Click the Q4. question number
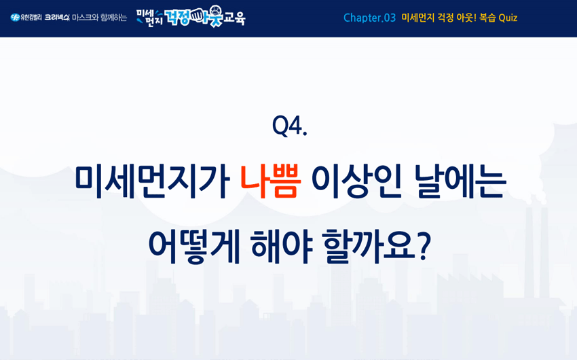(x=290, y=126)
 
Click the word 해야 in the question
(x=282, y=246)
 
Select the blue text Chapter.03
(x=369, y=18)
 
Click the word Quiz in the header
(x=508, y=18)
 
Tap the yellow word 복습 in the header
(x=487, y=18)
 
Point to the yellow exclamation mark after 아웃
(x=474, y=18)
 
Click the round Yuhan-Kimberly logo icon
(x=15, y=17)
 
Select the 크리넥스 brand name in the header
(x=56, y=17)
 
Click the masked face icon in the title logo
(x=215, y=12)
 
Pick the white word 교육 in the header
(x=234, y=18)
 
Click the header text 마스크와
(x=85, y=18)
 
